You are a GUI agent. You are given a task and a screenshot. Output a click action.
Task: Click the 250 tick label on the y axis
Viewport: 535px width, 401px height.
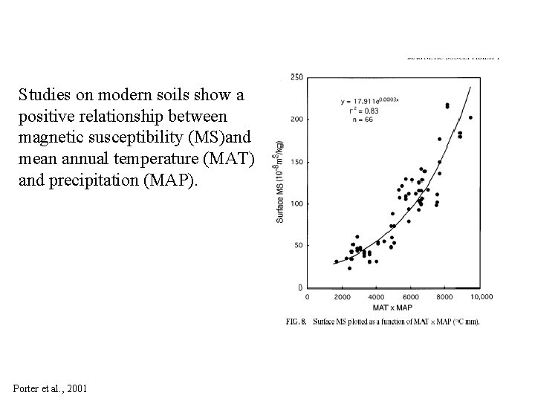coord(295,77)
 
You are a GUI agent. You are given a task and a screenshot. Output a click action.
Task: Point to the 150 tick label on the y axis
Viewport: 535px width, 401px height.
coord(295,161)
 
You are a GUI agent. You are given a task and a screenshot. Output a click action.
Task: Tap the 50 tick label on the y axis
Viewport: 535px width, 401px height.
coord(297,245)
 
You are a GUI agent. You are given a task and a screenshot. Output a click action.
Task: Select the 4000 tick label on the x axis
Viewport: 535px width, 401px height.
coord(375,297)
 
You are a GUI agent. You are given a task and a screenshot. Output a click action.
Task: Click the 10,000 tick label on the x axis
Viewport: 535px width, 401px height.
coord(481,297)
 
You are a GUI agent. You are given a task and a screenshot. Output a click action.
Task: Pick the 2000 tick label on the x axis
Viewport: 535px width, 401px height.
coord(341,297)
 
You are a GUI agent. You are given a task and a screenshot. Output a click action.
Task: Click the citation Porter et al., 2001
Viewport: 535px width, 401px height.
coord(51,388)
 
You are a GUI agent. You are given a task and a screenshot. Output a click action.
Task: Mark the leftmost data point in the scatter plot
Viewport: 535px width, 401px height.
coord(336,261)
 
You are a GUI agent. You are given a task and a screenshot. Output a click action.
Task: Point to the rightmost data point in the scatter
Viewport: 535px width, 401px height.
coord(470,117)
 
